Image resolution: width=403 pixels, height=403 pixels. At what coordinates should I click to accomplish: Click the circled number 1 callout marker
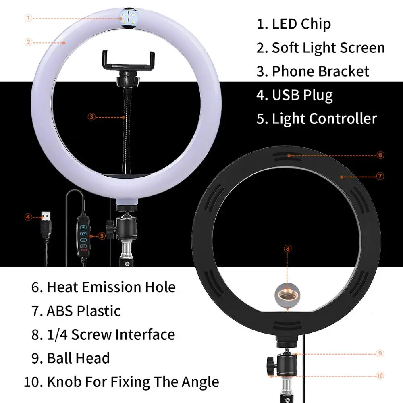[x=28, y=18]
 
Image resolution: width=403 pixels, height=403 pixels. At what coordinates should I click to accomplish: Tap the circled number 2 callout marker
[x=28, y=42]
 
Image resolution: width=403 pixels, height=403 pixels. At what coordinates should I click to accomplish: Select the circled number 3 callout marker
[x=91, y=117]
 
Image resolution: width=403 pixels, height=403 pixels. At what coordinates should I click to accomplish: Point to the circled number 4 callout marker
[x=28, y=217]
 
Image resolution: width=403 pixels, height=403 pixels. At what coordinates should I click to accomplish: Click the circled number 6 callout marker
[x=381, y=155]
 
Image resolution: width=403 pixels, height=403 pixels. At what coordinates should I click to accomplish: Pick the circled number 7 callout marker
[x=381, y=176]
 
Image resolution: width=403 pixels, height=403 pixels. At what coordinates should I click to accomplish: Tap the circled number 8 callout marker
[x=287, y=249]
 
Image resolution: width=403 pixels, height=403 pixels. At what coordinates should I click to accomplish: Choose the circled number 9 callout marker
[x=380, y=353]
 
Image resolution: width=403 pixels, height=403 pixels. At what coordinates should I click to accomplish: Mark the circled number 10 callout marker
[x=380, y=376]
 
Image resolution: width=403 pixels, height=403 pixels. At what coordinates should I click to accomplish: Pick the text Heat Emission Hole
[x=111, y=287]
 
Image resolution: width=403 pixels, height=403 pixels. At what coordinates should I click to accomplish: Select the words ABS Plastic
[x=83, y=311]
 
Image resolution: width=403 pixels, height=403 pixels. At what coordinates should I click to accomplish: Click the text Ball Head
[x=78, y=358]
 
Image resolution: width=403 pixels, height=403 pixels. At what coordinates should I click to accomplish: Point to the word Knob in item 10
[x=63, y=382]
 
